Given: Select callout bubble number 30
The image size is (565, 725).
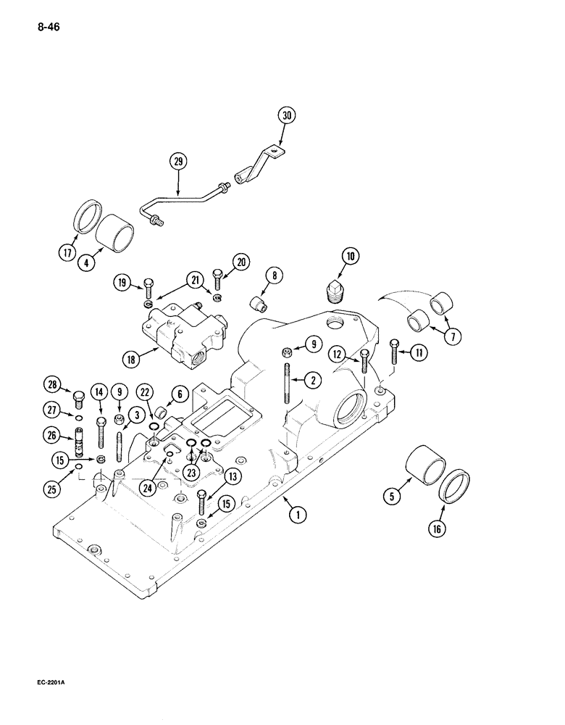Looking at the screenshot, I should coord(288,115).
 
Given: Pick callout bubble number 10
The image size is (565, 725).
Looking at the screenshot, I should coord(351,255).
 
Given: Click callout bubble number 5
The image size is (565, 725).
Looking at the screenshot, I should coord(393,498).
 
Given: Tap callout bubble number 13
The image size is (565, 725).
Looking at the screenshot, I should coord(233,476).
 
